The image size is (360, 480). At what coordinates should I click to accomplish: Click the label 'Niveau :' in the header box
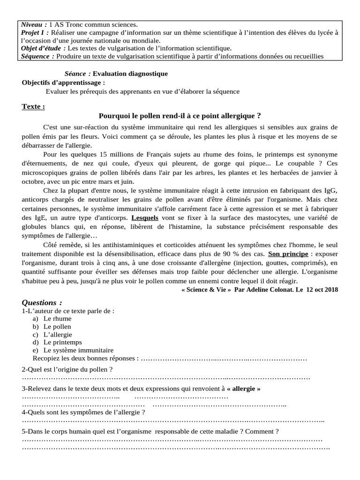pyautogui.click(x=34, y=24)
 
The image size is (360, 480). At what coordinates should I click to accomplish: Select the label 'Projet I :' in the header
pyautogui.click(x=36, y=32)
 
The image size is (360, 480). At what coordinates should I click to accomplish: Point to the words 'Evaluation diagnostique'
pyautogui.click(x=130, y=74)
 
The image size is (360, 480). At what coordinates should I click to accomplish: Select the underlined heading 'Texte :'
pyautogui.click(x=33, y=106)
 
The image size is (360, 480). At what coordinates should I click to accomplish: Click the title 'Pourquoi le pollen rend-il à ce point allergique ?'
pyautogui.click(x=180, y=116)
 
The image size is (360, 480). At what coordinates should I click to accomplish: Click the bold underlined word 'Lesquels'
pyautogui.click(x=145, y=218)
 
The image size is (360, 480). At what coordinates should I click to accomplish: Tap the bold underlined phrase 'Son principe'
pyautogui.click(x=288, y=254)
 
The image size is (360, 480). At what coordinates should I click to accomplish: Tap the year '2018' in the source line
pyautogui.click(x=330, y=290)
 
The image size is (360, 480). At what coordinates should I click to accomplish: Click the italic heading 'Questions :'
pyautogui.click(x=42, y=302)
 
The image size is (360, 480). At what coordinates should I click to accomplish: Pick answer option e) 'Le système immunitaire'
pyautogui.click(x=78, y=350)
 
